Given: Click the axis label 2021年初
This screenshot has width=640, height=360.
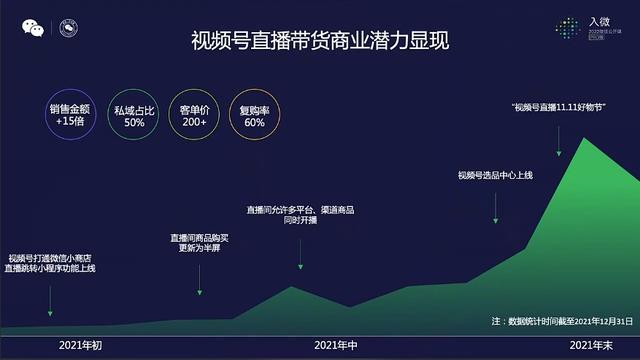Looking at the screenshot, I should pyautogui.click(x=81, y=345).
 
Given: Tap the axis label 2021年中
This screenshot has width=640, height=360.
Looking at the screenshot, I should pyautogui.click(x=336, y=345).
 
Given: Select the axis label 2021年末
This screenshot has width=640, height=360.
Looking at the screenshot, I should pyautogui.click(x=591, y=345).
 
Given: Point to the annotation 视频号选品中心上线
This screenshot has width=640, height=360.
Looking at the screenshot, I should pyautogui.click(x=496, y=176).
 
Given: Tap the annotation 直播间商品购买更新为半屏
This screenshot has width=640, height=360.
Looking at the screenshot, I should pyautogui.click(x=200, y=243).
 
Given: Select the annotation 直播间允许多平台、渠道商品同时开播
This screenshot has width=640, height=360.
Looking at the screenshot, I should pyautogui.click(x=300, y=215).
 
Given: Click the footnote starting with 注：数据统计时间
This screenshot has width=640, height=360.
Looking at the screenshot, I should pyautogui.click(x=563, y=321).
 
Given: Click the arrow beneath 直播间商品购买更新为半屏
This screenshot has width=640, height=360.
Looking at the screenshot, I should pyautogui.click(x=200, y=276).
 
